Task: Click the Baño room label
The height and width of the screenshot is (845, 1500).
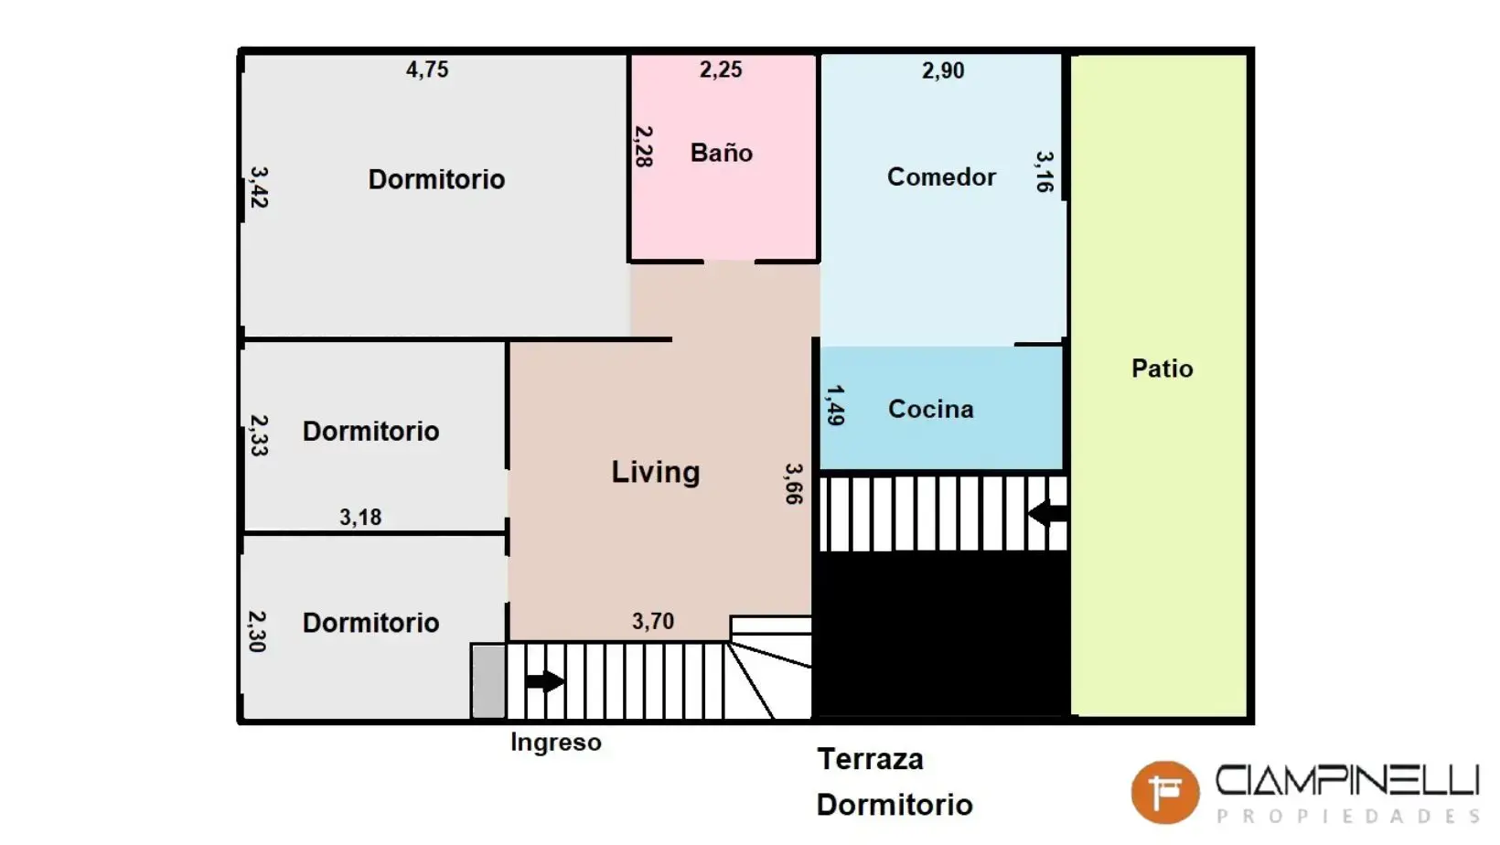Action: tap(722, 153)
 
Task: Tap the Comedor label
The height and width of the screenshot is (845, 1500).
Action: tap(941, 176)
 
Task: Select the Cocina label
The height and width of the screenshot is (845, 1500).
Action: tap(931, 409)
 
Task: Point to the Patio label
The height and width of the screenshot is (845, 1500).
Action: tap(1162, 369)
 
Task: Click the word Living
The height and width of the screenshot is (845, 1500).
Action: tap(656, 472)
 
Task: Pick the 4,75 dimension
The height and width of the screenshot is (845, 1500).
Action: tap(427, 69)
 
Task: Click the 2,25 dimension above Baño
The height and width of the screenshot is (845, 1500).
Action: tap(721, 69)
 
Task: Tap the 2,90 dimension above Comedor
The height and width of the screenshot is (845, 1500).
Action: tap(943, 70)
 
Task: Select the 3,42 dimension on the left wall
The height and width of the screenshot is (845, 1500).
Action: tap(259, 187)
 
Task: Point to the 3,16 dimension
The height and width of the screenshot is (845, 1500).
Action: tap(1045, 171)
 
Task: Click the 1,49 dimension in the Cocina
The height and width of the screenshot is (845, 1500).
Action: tap(835, 405)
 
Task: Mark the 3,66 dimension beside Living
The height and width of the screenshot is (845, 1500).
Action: tap(794, 484)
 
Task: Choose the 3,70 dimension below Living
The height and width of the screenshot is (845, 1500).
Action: tap(653, 621)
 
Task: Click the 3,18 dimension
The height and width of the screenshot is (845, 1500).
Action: tap(360, 517)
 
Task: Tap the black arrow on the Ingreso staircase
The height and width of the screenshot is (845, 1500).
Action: tap(545, 681)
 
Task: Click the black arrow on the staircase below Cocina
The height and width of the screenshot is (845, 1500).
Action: tap(1047, 514)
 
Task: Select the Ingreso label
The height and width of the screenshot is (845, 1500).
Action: tap(556, 743)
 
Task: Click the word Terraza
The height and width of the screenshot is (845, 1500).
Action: tap(870, 759)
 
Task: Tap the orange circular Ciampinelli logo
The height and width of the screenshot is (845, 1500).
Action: tap(1165, 792)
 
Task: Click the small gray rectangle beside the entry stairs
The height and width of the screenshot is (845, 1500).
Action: tap(488, 681)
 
